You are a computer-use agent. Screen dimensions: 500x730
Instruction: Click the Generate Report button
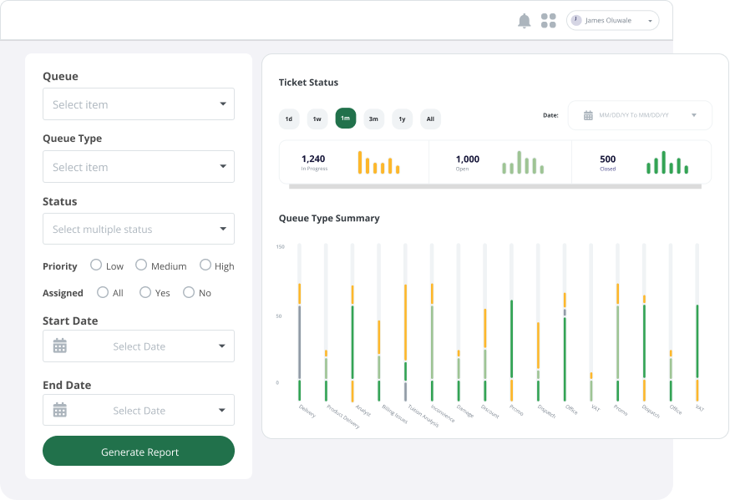139,451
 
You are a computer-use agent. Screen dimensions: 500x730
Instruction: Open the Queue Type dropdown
139,167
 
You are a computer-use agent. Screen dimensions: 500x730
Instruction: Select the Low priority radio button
96,265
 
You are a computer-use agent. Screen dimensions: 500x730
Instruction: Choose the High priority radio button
205,265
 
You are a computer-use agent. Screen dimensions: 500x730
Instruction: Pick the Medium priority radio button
141,265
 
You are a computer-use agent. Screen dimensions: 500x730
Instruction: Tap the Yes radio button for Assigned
145,292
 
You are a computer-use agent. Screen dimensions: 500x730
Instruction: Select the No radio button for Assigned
189,292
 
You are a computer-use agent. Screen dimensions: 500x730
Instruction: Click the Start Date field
139,346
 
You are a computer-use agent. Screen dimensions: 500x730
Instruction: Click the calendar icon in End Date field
60,410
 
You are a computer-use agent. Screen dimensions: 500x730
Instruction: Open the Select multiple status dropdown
139,229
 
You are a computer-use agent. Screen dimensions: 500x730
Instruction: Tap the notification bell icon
525,21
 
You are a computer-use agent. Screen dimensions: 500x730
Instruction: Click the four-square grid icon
549,21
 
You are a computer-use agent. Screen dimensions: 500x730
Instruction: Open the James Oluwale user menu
612,21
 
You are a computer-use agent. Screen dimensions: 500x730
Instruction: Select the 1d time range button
289,119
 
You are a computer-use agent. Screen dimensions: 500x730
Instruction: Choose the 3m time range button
373,119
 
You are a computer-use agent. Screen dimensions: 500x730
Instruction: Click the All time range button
430,119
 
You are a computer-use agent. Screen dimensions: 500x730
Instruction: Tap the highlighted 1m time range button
346,119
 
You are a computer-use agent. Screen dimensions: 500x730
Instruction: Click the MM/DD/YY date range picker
640,115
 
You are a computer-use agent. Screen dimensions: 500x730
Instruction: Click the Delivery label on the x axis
307,411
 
